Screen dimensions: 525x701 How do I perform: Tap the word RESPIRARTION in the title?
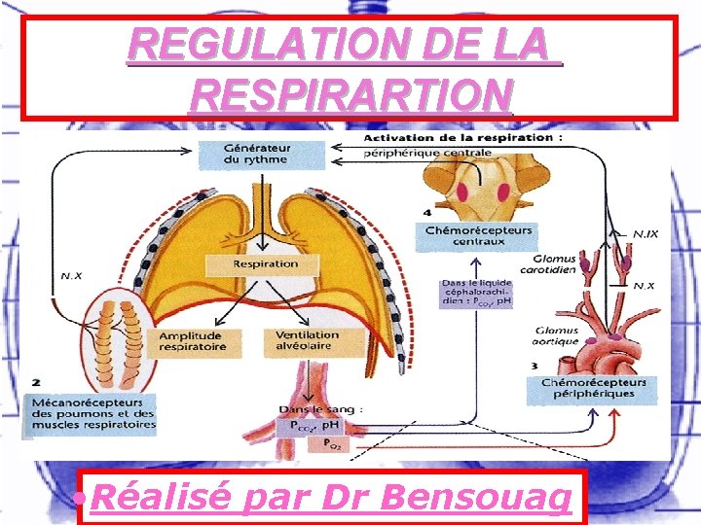pos(352,95)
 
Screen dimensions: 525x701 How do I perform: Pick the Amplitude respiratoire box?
pos(192,341)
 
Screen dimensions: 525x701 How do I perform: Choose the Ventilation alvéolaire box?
pos(301,341)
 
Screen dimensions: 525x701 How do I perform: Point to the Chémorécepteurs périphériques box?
pos(594,388)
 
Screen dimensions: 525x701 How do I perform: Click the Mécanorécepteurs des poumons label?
pos(92,412)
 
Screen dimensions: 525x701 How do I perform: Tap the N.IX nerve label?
pos(644,233)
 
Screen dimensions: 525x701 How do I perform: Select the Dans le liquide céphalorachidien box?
pos(476,293)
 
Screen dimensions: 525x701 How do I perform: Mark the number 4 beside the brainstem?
pos(427,212)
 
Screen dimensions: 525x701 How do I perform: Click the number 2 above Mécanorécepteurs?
pos(36,382)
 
